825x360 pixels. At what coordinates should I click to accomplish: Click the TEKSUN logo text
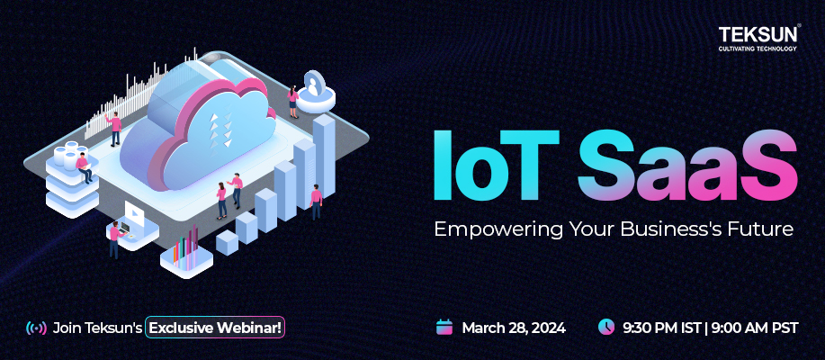tap(758, 34)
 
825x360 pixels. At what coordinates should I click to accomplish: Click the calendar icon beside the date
tap(444, 327)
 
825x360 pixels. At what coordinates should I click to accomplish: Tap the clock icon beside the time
tap(606, 327)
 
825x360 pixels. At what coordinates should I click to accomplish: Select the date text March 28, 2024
tap(514, 328)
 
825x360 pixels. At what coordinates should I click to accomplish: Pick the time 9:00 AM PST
tap(755, 328)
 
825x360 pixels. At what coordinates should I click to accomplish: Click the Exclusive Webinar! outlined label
tap(216, 328)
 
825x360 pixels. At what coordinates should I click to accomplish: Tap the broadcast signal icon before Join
tap(37, 328)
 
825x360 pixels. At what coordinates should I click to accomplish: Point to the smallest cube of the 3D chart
tap(227, 241)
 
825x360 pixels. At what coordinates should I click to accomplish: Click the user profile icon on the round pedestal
tap(314, 87)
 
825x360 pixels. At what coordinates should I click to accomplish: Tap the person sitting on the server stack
tap(85, 167)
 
